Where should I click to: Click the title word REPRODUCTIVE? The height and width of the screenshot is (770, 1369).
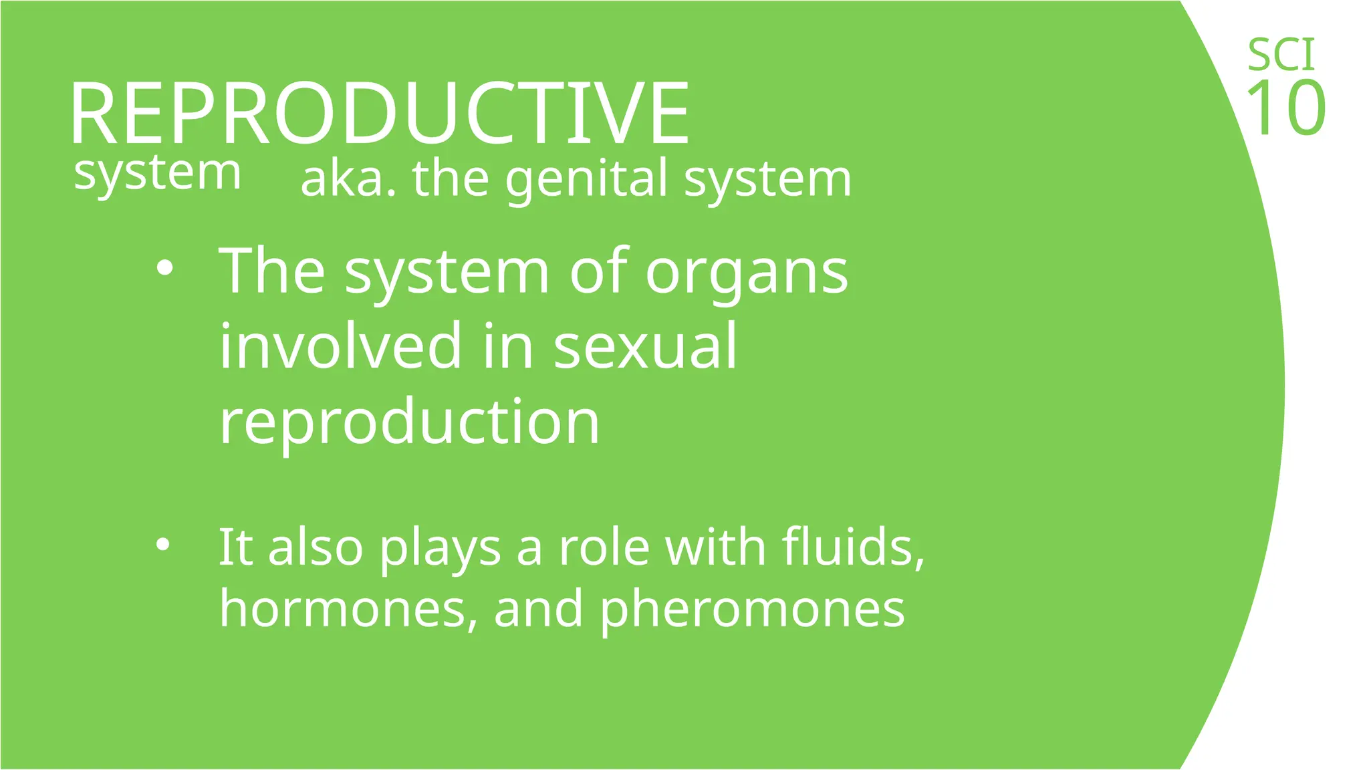click(380, 112)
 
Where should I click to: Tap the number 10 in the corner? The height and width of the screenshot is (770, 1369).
click(1285, 108)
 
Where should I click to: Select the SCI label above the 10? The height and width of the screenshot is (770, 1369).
click(1281, 55)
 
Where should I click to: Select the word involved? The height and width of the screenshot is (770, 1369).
click(340, 346)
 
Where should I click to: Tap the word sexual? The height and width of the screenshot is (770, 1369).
click(645, 346)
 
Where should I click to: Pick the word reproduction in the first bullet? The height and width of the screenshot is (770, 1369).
click(410, 422)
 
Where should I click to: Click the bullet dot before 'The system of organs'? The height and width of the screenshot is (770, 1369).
click(164, 269)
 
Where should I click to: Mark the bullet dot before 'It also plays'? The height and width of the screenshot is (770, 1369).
click(162, 545)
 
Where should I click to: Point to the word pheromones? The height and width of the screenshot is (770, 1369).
click(752, 609)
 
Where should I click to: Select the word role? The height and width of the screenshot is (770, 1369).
click(604, 547)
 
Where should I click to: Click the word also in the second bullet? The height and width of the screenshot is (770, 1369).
click(315, 547)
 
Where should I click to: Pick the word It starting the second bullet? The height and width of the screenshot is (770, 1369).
click(235, 547)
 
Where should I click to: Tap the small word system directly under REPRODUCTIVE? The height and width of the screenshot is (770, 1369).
click(157, 174)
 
